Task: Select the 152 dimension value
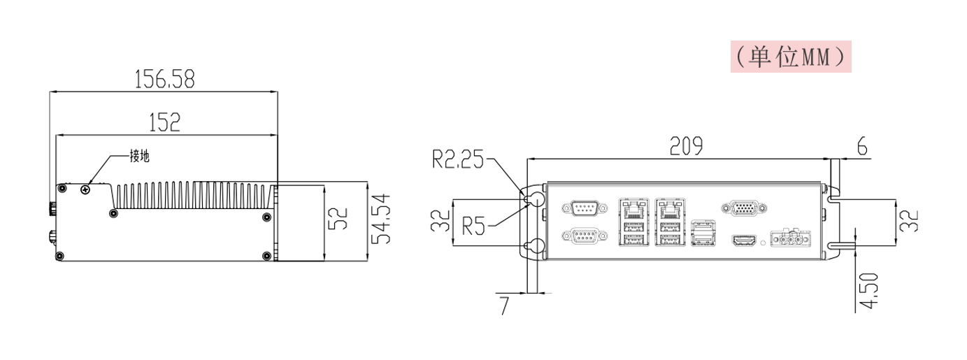165,122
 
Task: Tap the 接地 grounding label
139,157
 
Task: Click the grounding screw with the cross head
85,188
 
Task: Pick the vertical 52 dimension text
338,219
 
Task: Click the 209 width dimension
685,146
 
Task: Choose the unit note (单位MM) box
791,56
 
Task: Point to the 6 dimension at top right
861,146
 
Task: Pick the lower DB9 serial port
581,238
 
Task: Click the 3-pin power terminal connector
791,239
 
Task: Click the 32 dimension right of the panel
910,222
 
